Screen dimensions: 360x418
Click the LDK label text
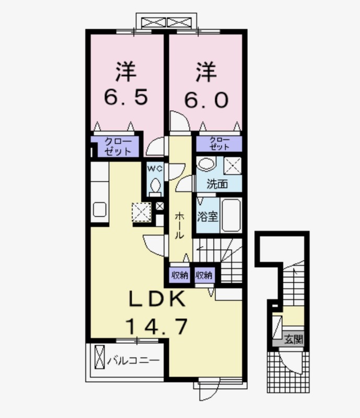(x=157, y=299)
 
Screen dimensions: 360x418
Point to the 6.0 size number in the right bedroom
(x=206, y=100)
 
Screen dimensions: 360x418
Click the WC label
(x=155, y=169)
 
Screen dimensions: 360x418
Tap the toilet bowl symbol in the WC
(x=155, y=185)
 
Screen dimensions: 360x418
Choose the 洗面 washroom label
(x=217, y=184)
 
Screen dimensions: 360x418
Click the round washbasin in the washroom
(x=207, y=164)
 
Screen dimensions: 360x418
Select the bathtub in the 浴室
(x=231, y=215)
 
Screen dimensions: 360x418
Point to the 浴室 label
(x=207, y=217)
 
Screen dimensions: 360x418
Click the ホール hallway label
(x=179, y=225)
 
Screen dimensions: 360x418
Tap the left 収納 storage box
(x=180, y=275)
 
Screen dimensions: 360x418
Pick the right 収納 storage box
(x=204, y=275)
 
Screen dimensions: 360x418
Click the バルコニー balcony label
(x=133, y=361)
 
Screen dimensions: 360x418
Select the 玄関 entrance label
(x=293, y=340)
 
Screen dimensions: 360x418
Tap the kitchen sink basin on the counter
(x=100, y=210)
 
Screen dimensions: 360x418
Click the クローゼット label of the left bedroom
(x=118, y=147)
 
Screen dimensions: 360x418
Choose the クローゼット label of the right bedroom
(x=219, y=144)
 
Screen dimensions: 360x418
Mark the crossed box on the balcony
(x=100, y=357)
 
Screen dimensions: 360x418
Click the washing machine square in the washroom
(x=233, y=166)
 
